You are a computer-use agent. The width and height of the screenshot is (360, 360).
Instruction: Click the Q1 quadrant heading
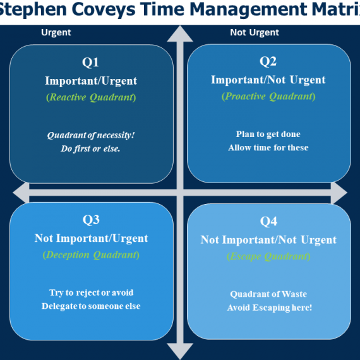click(90, 63)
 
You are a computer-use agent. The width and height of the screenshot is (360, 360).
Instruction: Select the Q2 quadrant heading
click(268, 61)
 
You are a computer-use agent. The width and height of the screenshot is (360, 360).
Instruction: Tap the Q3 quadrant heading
click(91, 220)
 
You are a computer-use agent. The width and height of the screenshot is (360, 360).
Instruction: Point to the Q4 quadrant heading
click(268, 221)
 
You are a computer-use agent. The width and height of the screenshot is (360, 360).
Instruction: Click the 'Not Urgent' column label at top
click(255, 32)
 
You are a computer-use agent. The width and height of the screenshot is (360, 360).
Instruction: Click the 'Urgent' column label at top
click(56, 33)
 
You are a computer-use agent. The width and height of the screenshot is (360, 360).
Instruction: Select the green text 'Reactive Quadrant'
click(91, 97)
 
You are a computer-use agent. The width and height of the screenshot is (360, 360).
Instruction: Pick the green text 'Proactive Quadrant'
click(268, 97)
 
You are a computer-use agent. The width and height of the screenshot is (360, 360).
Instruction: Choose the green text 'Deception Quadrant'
click(91, 255)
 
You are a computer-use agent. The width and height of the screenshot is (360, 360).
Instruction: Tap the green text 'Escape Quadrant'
click(268, 256)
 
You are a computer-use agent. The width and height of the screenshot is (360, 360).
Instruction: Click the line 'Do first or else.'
click(90, 149)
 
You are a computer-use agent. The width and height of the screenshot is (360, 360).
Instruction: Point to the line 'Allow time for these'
click(268, 148)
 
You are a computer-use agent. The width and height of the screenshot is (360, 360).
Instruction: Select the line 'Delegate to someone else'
click(91, 306)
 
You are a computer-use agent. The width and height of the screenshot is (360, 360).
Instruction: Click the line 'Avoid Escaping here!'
click(270, 308)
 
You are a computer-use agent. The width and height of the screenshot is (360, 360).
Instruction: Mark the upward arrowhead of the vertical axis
click(180, 33)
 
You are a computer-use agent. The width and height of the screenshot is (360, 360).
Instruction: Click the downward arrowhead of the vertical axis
click(180, 351)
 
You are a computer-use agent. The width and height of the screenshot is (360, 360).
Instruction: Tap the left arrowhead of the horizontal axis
click(21, 193)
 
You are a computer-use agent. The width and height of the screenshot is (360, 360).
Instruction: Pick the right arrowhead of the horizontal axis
click(339, 193)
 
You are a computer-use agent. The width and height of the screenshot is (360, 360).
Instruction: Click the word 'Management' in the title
click(249, 9)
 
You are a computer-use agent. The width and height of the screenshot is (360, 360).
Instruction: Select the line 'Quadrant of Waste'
click(268, 294)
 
